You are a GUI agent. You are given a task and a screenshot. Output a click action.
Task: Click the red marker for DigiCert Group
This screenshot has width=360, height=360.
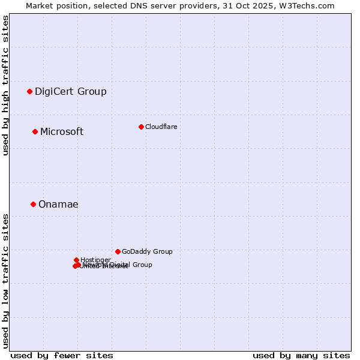pyautogui.click(x=29, y=91)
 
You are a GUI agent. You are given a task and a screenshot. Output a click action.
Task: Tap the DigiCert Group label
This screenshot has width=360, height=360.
pyautogui.click(x=70, y=91)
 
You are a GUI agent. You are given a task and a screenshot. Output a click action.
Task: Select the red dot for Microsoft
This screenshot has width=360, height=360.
pyautogui.click(x=35, y=131)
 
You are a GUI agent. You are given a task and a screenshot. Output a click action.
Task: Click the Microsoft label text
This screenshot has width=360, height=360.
pyautogui.click(x=61, y=131)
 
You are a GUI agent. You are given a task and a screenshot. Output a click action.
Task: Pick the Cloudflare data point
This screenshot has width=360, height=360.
pyautogui.click(x=141, y=127)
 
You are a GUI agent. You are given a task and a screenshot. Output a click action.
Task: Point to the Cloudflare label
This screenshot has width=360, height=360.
pyautogui.click(x=161, y=127)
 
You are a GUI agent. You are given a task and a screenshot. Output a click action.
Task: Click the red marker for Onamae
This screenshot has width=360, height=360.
pyautogui.click(x=33, y=204)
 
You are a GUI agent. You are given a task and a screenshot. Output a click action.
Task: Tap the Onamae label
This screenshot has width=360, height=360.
pyautogui.click(x=58, y=204)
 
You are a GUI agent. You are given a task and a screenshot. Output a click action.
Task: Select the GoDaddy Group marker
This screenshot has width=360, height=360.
pyautogui.click(x=118, y=251)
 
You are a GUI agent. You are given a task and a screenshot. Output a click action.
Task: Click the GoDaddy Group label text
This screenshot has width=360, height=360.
pyautogui.click(x=147, y=251)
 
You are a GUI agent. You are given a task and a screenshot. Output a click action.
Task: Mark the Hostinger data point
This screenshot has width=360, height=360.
pyautogui.click(x=77, y=260)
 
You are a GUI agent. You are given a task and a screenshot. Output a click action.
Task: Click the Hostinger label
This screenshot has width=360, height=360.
pyautogui.click(x=95, y=260)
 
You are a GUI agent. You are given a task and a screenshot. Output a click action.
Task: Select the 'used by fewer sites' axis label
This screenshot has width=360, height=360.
pyautogui.click(x=62, y=355)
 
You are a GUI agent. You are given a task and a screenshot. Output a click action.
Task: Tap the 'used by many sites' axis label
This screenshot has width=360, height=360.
pyautogui.click(x=301, y=355)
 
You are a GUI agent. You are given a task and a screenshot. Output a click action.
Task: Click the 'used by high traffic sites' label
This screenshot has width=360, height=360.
pyautogui.click(x=5, y=85)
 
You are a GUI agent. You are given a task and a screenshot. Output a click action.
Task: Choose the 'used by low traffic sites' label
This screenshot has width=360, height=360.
pyautogui.click(x=5, y=281)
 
